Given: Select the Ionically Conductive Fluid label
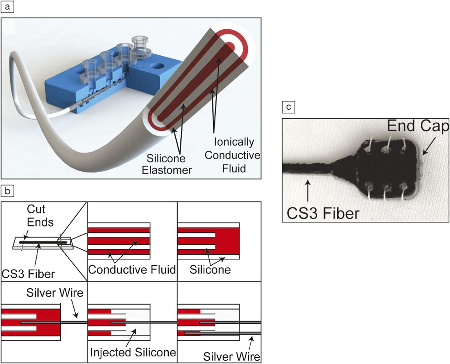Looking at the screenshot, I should (x=232, y=155).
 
